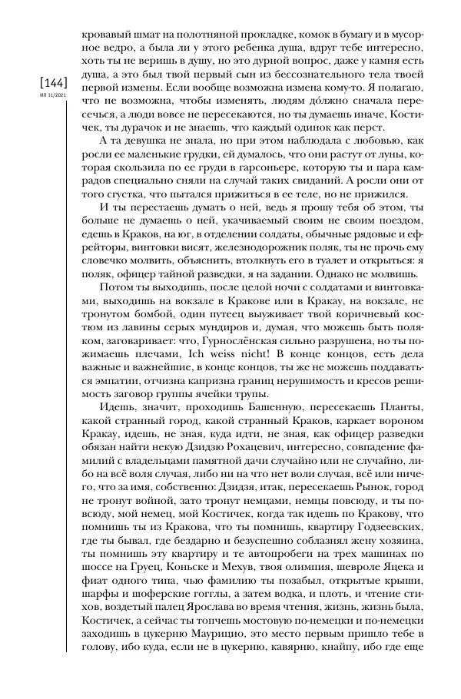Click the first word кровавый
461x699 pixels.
(103, 35)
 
